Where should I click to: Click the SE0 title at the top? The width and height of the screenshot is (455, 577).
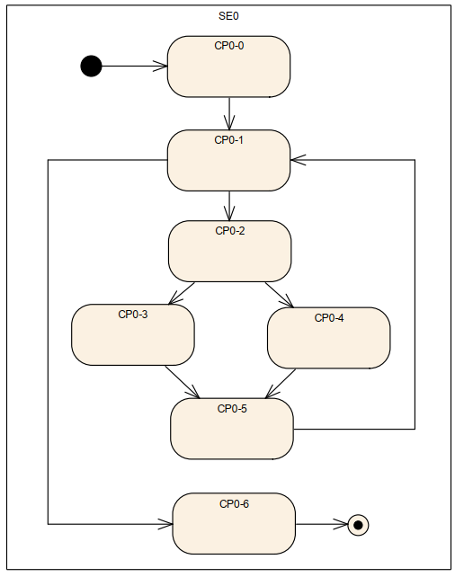(228, 16)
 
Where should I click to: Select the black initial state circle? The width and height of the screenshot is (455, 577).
(91, 67)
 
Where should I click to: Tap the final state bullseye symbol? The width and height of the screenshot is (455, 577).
(358, 525)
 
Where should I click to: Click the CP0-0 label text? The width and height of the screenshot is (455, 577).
(228, 46)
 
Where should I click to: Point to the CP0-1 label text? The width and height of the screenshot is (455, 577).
(228, 140)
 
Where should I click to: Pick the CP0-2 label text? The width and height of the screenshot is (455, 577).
(229, 231)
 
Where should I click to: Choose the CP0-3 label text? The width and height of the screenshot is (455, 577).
(132, 315)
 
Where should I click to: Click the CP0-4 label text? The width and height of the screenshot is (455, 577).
(329, 318)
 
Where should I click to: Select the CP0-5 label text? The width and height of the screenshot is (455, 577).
(232, 409)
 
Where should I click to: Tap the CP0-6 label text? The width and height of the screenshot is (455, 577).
(234, 504)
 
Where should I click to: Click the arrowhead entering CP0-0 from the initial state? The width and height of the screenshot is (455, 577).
(160, 67)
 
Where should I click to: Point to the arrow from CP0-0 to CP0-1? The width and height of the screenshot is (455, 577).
(229, 114)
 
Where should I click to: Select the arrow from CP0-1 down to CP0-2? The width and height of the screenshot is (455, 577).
(229, 206)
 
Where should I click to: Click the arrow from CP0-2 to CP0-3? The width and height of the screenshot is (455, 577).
(182, 293)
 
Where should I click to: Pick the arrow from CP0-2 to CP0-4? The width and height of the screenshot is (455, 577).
(280, 295)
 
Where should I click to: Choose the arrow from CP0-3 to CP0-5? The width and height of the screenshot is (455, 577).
(183, 382)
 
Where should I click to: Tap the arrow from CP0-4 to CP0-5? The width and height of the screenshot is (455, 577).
(281, 384)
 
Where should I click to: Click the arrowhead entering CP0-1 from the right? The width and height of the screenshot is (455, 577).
(298, 160)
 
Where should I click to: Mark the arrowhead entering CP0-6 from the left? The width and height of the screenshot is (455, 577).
(165, 524)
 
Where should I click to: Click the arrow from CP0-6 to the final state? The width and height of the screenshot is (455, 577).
(321, 524)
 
